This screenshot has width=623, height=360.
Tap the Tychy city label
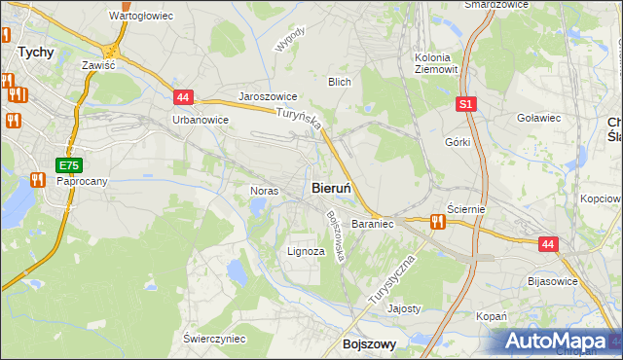click(36, 54)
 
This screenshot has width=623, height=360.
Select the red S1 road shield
click(466, 104)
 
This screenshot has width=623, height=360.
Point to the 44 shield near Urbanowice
click(184, 97)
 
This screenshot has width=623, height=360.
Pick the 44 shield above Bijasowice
click(548, 246)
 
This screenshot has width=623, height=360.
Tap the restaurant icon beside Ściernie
click(437, 222)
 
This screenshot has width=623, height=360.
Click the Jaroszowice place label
click(268, 98)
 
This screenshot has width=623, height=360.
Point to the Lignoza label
click(306, 251)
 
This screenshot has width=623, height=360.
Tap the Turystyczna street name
click(392, 281)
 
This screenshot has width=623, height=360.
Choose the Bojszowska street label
click(337, 236)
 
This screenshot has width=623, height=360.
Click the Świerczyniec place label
click(214, 339)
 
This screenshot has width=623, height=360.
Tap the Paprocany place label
click(81, 182)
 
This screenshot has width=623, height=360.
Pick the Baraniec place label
click(372, 224)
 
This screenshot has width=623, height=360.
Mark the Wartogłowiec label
click(141, 17)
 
